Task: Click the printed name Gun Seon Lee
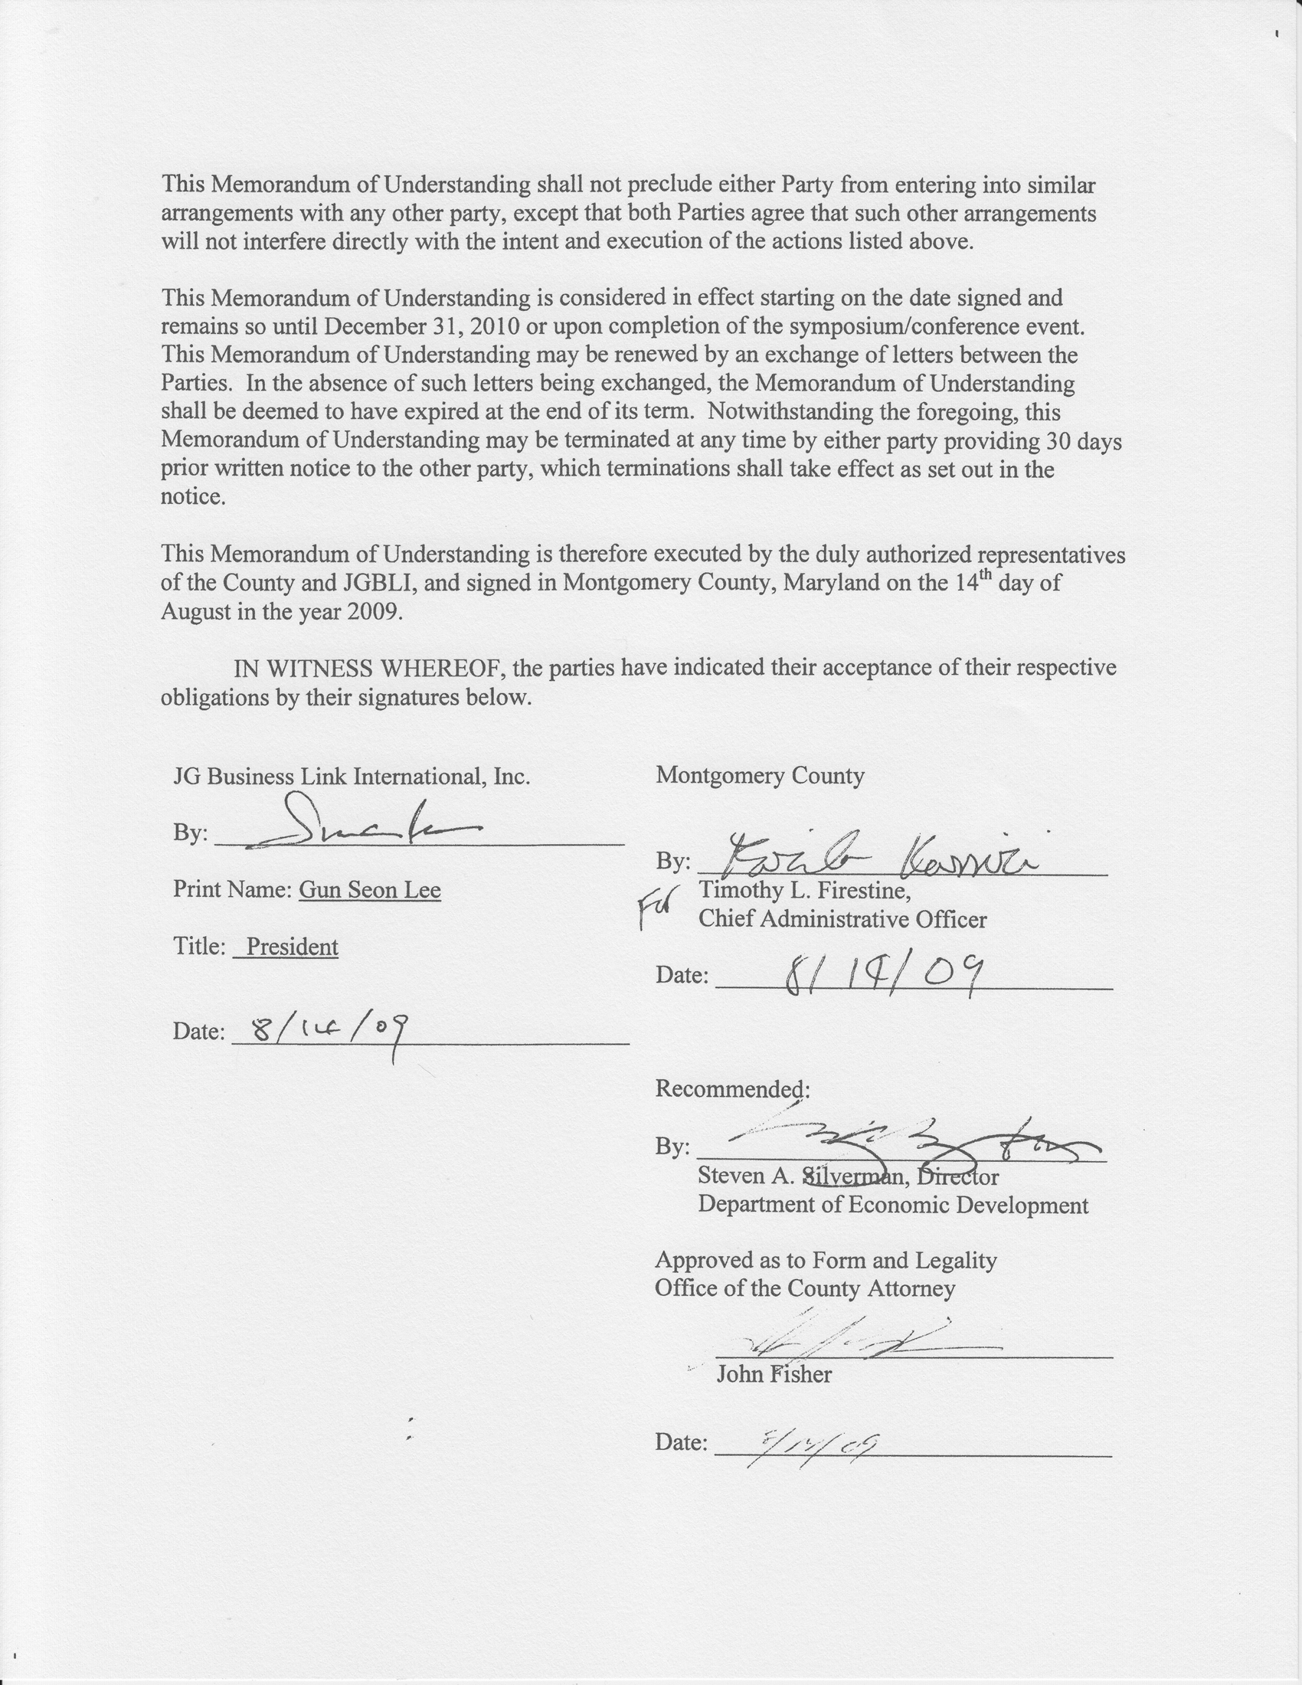[369, 890]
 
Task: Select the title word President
[292, 947]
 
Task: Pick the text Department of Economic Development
[893, 1206]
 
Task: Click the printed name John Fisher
[774, 1375]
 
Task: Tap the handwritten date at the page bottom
[810, 1445]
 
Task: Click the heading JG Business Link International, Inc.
[352, 776]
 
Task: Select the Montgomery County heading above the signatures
[760, 776]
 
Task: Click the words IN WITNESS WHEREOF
[369, 668]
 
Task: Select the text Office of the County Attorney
[804, 1288]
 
